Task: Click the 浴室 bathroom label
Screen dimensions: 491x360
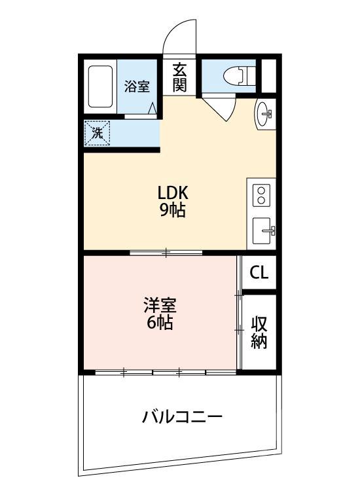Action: click(x=137, y=86)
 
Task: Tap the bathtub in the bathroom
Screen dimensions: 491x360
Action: click(x=100, y=87)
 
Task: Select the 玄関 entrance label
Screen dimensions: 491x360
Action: click(x=180, y=77)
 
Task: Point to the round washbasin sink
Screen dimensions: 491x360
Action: click(x=265, y=115)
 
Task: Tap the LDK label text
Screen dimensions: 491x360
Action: click(x=173, y=193)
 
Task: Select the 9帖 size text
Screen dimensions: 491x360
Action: click(x=173, y=210)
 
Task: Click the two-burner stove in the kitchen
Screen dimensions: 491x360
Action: click(x=262, y=195)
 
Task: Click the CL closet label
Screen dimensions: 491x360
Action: click(x=259, y=272)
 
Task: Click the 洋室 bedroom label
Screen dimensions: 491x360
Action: click(x=160, y=305)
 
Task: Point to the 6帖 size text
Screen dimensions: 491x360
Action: click(x=160, y=322)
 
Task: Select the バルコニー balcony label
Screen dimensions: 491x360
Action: click(x=183, y=416)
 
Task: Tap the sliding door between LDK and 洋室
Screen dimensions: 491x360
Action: click(x=166, y=252)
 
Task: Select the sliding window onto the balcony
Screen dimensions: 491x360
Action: click(x=166, y=373)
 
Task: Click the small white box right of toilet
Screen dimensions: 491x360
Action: click(x=268, y=75)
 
